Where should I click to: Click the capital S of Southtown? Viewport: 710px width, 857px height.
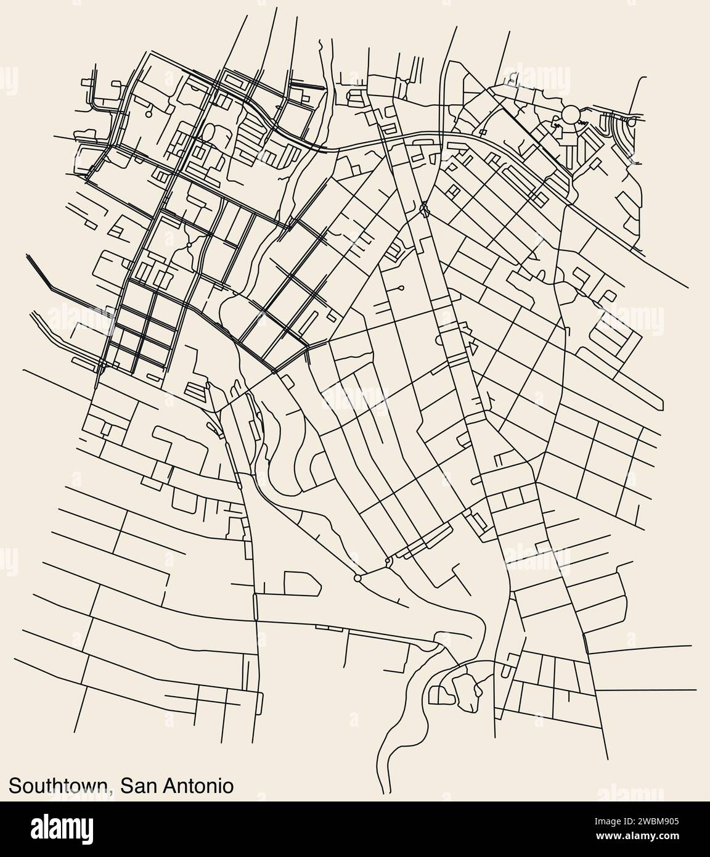(x=15, y=785)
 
